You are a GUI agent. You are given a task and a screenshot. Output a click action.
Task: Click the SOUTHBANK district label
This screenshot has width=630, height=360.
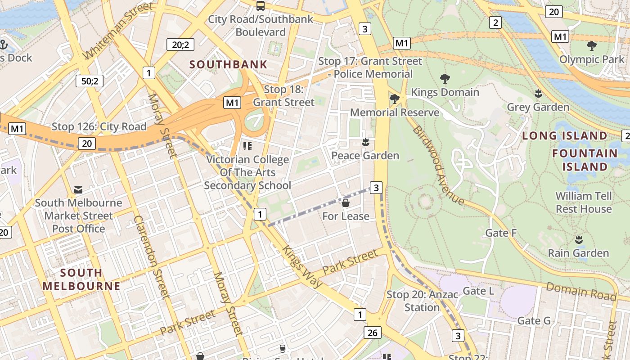click(x=228, y=64)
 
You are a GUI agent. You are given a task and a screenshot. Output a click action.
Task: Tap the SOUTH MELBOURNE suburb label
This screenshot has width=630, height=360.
click(x=81, y=279)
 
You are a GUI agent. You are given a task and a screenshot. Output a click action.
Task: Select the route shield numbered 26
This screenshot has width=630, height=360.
click(x=372, y=333)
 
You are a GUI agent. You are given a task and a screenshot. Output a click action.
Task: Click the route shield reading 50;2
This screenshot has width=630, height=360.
click(x=90, y=81)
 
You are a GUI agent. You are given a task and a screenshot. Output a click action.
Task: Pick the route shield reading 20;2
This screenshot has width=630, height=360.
click(x=180, y=44)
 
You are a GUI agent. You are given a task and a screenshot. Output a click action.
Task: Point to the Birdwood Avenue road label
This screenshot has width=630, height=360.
click(x=438, y=165)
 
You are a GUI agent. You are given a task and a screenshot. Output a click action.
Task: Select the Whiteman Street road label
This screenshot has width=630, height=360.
click(x=118, y=31)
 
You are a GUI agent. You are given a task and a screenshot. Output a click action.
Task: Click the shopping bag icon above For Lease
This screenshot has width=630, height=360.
click(x=346, y=203)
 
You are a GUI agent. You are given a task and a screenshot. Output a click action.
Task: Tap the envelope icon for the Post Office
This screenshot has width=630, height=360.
click(x=78, y=190)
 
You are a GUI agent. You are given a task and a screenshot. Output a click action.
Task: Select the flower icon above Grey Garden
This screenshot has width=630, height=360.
click(x=538, y=94)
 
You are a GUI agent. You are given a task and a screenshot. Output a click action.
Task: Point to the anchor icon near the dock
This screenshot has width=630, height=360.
click(x=4, y=45)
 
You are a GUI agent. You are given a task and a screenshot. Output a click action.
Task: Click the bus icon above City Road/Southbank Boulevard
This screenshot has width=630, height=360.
click(x=260, y=6)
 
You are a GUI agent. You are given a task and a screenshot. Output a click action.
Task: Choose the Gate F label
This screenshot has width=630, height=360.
click(x=501, y=233)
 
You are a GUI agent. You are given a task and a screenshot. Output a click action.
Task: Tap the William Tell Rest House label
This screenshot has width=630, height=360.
click(x=584, y=202)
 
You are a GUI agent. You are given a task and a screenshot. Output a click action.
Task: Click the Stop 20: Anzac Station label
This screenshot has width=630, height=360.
click(x=422, y=301)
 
